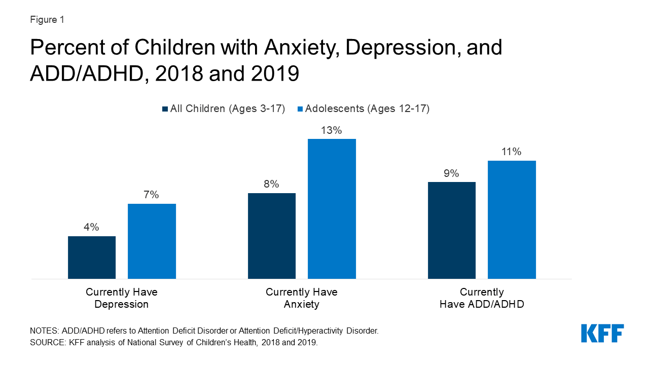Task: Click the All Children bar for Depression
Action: click(x=92, y=258)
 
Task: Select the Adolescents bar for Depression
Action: click(x=152, y=241)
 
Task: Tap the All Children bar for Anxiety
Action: click(x=272, y=236)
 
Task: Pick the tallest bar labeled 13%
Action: click(x=332, y=209)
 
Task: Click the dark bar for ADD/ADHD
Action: click(x=452, y=230)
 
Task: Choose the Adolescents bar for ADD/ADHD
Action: click(x=512, y=220)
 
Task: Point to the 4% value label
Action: click(x=92, y=227)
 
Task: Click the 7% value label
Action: click(x=152, y=195)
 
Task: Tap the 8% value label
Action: click(x=272, y=184)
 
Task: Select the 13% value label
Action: click(x=332, y=130)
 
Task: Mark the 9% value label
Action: click(x=452, y=173)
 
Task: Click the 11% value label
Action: click(x=512, y=152)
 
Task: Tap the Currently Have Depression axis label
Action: click(x=122, y=298)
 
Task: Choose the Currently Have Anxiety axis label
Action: click(x=302, y=298)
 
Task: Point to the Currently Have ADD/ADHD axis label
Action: click(x=482, y=298)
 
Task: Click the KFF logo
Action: click(x=602, y=334)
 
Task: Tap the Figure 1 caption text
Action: click(x=47, y=20)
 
